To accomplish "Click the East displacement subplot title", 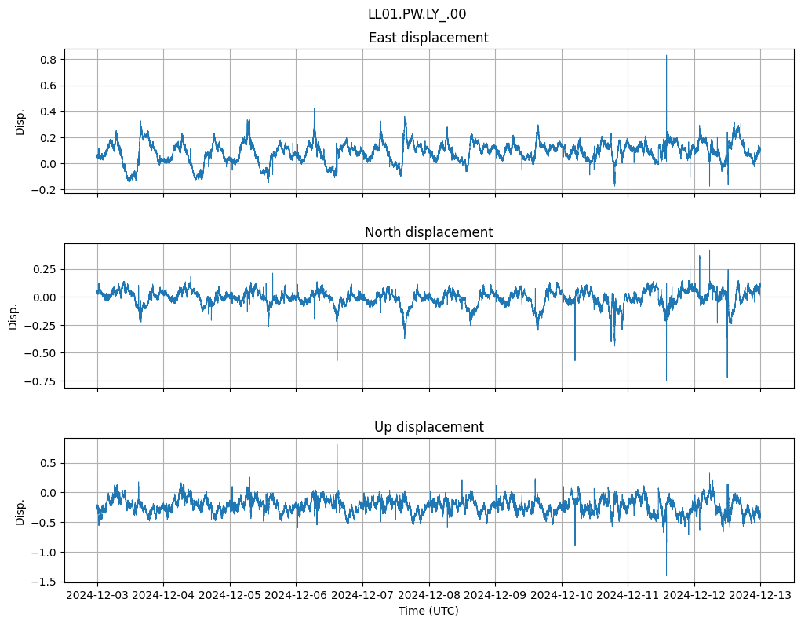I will click(428, 38).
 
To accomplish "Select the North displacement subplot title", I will click(428, 232).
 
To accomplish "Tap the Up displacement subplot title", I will click(428, 427).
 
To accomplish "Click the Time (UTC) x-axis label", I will click(428, 611).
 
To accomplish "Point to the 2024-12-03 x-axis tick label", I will click(98, 596).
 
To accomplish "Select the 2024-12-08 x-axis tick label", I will click(429, 596).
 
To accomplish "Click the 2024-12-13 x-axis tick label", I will click(760, 596).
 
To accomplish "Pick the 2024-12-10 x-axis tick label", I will click(562, 596).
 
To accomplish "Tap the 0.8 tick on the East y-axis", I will click(48, 60).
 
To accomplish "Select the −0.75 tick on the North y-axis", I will click(42, 381).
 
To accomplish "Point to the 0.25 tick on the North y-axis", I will click(45, 269).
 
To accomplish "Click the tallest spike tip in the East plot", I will click(667, 55).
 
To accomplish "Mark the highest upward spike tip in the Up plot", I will click(337, 445).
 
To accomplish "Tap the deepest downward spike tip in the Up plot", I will click(667, 576).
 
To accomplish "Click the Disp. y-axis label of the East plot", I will click(20, 122).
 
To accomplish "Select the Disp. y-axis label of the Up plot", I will click(20, 511).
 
